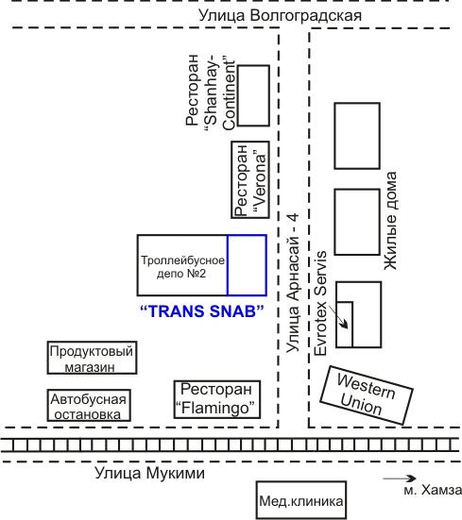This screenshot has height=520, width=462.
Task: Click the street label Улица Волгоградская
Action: coord(280,15)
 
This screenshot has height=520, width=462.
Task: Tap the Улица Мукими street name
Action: coord(149,473)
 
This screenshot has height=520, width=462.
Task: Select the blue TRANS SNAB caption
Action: coord(202,311)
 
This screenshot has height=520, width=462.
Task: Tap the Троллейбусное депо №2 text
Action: coord(182,267)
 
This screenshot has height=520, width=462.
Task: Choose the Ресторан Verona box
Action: coord(250,179)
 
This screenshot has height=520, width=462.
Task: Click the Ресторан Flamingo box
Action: coord(217,399)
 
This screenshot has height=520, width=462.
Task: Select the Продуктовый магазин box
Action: coord(92,358)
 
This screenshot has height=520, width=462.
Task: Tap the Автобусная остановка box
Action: coord(89,405)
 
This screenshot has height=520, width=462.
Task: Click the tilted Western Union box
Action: coord(367,395)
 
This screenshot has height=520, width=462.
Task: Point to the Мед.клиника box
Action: coord(301,500)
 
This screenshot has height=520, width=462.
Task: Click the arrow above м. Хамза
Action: coord(400,478)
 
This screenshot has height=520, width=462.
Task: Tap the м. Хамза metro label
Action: coord(433,490)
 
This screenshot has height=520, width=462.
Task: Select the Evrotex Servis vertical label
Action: coord(320,304)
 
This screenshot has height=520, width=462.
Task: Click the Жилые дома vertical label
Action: coord(390,221)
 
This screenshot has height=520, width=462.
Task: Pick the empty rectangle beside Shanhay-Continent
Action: coord(254,95)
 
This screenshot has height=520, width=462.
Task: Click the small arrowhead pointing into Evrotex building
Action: coord(344,324)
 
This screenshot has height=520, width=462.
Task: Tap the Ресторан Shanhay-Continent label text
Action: coord(211,92)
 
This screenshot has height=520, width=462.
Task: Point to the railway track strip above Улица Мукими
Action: coord(231,445)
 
